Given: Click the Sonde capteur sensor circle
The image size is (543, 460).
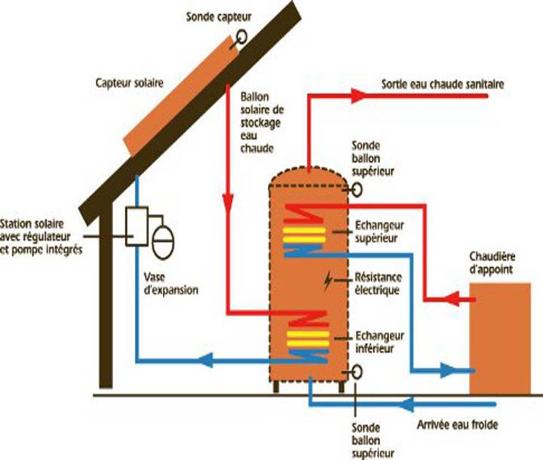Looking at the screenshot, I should (241, 35).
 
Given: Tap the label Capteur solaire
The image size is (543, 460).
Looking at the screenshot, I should (125, 81).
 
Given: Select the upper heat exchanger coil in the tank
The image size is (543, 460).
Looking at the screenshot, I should (305, 231).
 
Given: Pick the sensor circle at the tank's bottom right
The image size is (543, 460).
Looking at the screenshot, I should (353, 372).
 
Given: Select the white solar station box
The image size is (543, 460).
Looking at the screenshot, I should (136, 224).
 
